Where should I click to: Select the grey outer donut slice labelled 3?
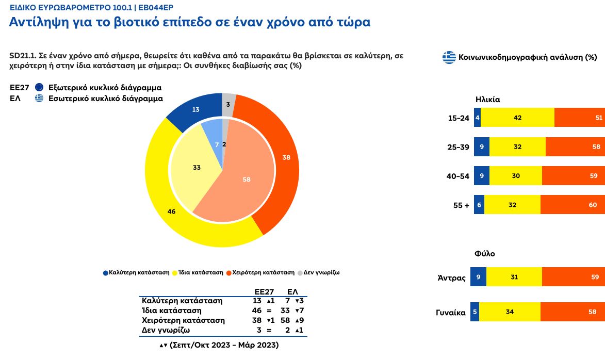tap(228, 104)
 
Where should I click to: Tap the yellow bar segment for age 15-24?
tap(517, 118)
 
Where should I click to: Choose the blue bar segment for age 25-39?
tap(481, 147)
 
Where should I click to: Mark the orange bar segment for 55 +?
tap(573, 205)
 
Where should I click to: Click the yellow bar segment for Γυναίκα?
tap(510, 312)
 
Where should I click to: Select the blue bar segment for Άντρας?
tap(478, 277)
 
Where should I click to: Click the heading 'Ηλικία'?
tap(487, 100)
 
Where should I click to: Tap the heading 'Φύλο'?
tap(484, 253)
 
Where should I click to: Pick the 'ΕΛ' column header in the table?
tap(292, 291)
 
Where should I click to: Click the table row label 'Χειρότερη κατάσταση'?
tap(183, 320)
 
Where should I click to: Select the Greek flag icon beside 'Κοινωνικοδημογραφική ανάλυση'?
tap(449, 57)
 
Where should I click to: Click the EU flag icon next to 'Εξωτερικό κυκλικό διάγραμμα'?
tap(39, 88)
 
